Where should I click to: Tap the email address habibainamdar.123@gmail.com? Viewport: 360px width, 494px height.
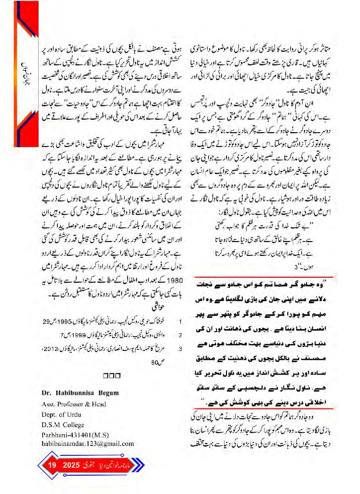point(88,444)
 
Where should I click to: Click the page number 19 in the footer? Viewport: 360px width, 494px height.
point(53,466)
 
